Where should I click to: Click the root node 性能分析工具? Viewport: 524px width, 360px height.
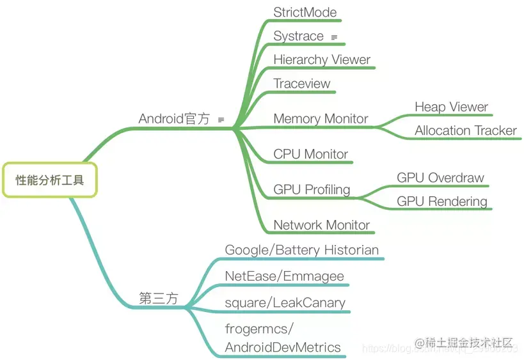[x=49, y=180]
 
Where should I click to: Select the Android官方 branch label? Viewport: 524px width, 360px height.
[x=174, y=119]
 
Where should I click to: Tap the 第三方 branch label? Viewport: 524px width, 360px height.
[x=159, y=298]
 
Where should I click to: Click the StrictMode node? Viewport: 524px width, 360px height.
[x=305, y=12]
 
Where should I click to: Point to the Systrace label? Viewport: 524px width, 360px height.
[x=298, y=36]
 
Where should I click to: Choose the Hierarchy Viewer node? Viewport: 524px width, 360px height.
[x=322, y=60]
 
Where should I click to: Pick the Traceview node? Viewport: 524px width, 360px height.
[x=302, y=84]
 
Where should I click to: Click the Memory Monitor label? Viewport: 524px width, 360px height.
[x=321, y=119]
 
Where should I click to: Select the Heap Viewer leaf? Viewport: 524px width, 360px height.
[x=451, y=107]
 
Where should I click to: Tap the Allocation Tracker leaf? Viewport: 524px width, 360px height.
[x=465, y=130]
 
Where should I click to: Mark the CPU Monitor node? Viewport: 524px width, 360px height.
[x=310, y=154]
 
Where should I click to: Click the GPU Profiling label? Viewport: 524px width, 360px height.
[x=312, y=189]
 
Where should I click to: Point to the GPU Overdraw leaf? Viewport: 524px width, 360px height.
[x=440, y=178]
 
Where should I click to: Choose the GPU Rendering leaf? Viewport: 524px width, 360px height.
[x=441, y=201]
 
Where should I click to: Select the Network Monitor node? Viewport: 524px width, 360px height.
[x=321, y=225]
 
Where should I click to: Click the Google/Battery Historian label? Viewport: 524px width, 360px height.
[x=301, y=250]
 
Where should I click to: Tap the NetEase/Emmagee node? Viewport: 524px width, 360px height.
[x=284, y=276]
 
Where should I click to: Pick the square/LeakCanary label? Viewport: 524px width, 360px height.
[x=285, y=302]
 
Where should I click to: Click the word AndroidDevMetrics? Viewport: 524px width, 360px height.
[x=283, y=348]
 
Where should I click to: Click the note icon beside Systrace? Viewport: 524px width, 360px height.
[x=334, y=38]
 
